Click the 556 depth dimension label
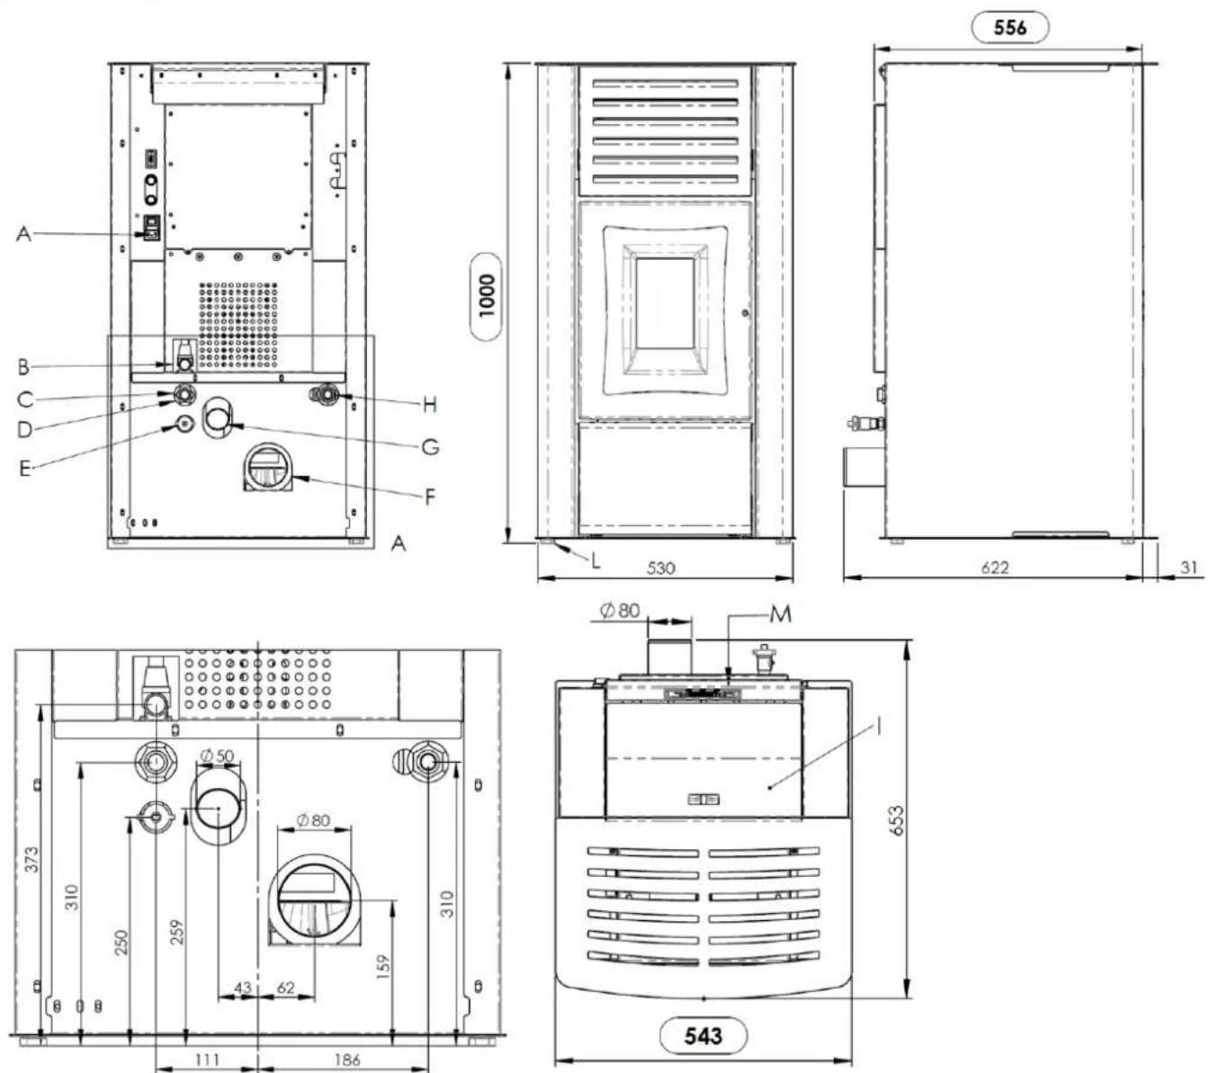(x=1009, y=28)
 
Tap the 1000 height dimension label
(x=488, y=296)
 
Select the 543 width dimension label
(x=703, y=1035)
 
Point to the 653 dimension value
(x=897, y=820)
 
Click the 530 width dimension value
(x=661, y=568)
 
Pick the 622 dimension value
(x=994, y=568)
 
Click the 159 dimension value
(x=383, y=966)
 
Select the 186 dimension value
(x=347, y=1060)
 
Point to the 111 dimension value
(x=207, y=1060)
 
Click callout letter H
(x=429, y=406)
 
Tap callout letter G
(x=430, y=447)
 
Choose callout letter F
(x=430, y=496)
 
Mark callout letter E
(x=24, y=468)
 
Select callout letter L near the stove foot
(x=596, y=560)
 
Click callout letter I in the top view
(x=879, y=727)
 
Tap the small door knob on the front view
(x=745, y=312)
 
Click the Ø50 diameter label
(x=217, y=756)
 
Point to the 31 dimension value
(x=1188, y=568)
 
